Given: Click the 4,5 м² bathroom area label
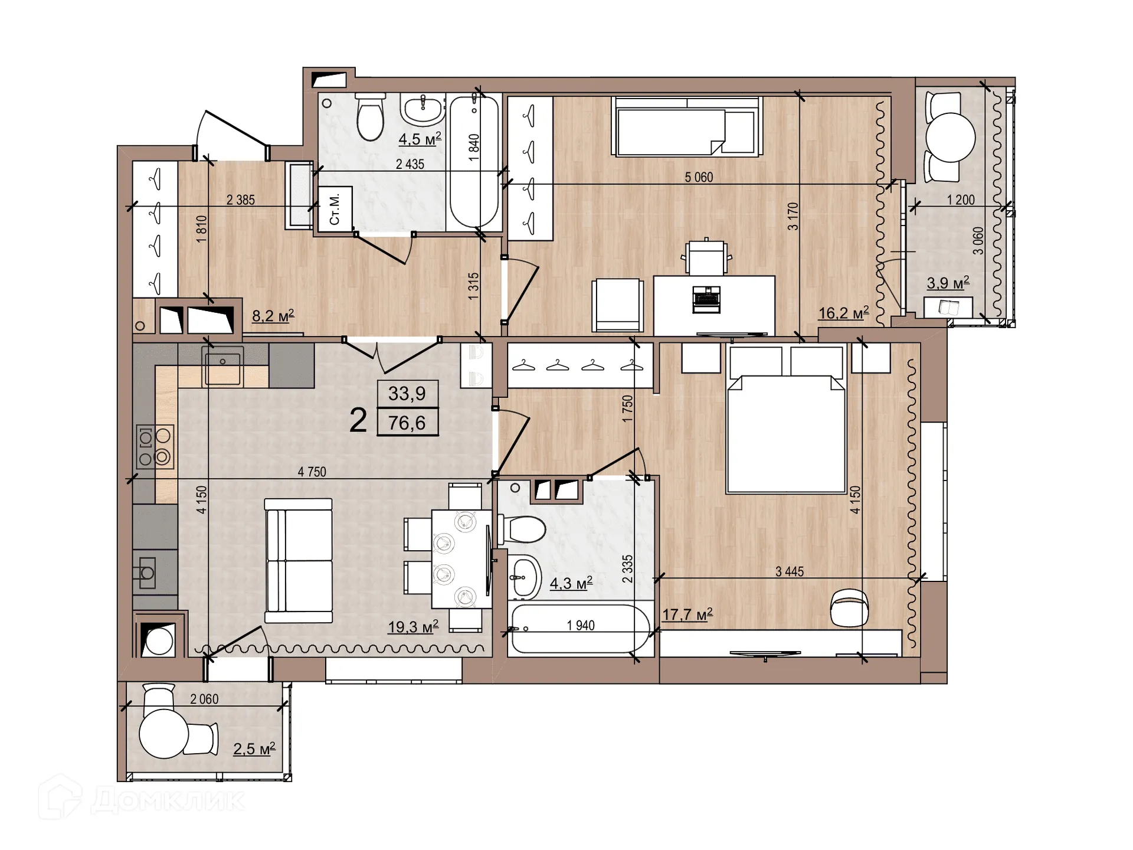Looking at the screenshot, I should pos(420,139).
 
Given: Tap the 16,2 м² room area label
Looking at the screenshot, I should pos(843,313).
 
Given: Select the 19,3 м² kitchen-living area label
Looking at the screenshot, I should pos(412,626).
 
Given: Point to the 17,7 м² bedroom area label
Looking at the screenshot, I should pos(687,614).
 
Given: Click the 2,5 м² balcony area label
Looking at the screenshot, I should pos(254,749).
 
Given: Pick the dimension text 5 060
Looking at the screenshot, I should pos(699,177).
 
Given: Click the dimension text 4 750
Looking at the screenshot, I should pos(312,472).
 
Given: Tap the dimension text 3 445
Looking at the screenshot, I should pos(789,571).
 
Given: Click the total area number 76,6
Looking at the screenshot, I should pos(407,423).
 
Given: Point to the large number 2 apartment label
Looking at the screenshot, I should pos(358,421).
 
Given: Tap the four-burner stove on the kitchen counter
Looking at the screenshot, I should pos(155,447).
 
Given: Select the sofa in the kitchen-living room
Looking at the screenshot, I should pos(299,560).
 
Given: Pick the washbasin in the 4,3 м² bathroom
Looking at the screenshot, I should pos(525,577).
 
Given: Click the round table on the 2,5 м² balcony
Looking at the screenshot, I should pos(164,734).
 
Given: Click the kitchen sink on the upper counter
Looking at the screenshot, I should pos(222,366).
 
